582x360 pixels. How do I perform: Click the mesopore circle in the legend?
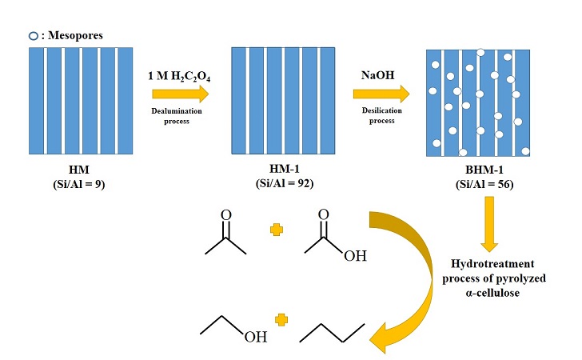coord(32,36)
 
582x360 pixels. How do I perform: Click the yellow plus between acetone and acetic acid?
coord(277,231)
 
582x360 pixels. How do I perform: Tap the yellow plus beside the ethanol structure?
coord(281,320)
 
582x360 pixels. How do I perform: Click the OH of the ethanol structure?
coord(256,338)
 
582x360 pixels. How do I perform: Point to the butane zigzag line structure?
coord(333,332)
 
